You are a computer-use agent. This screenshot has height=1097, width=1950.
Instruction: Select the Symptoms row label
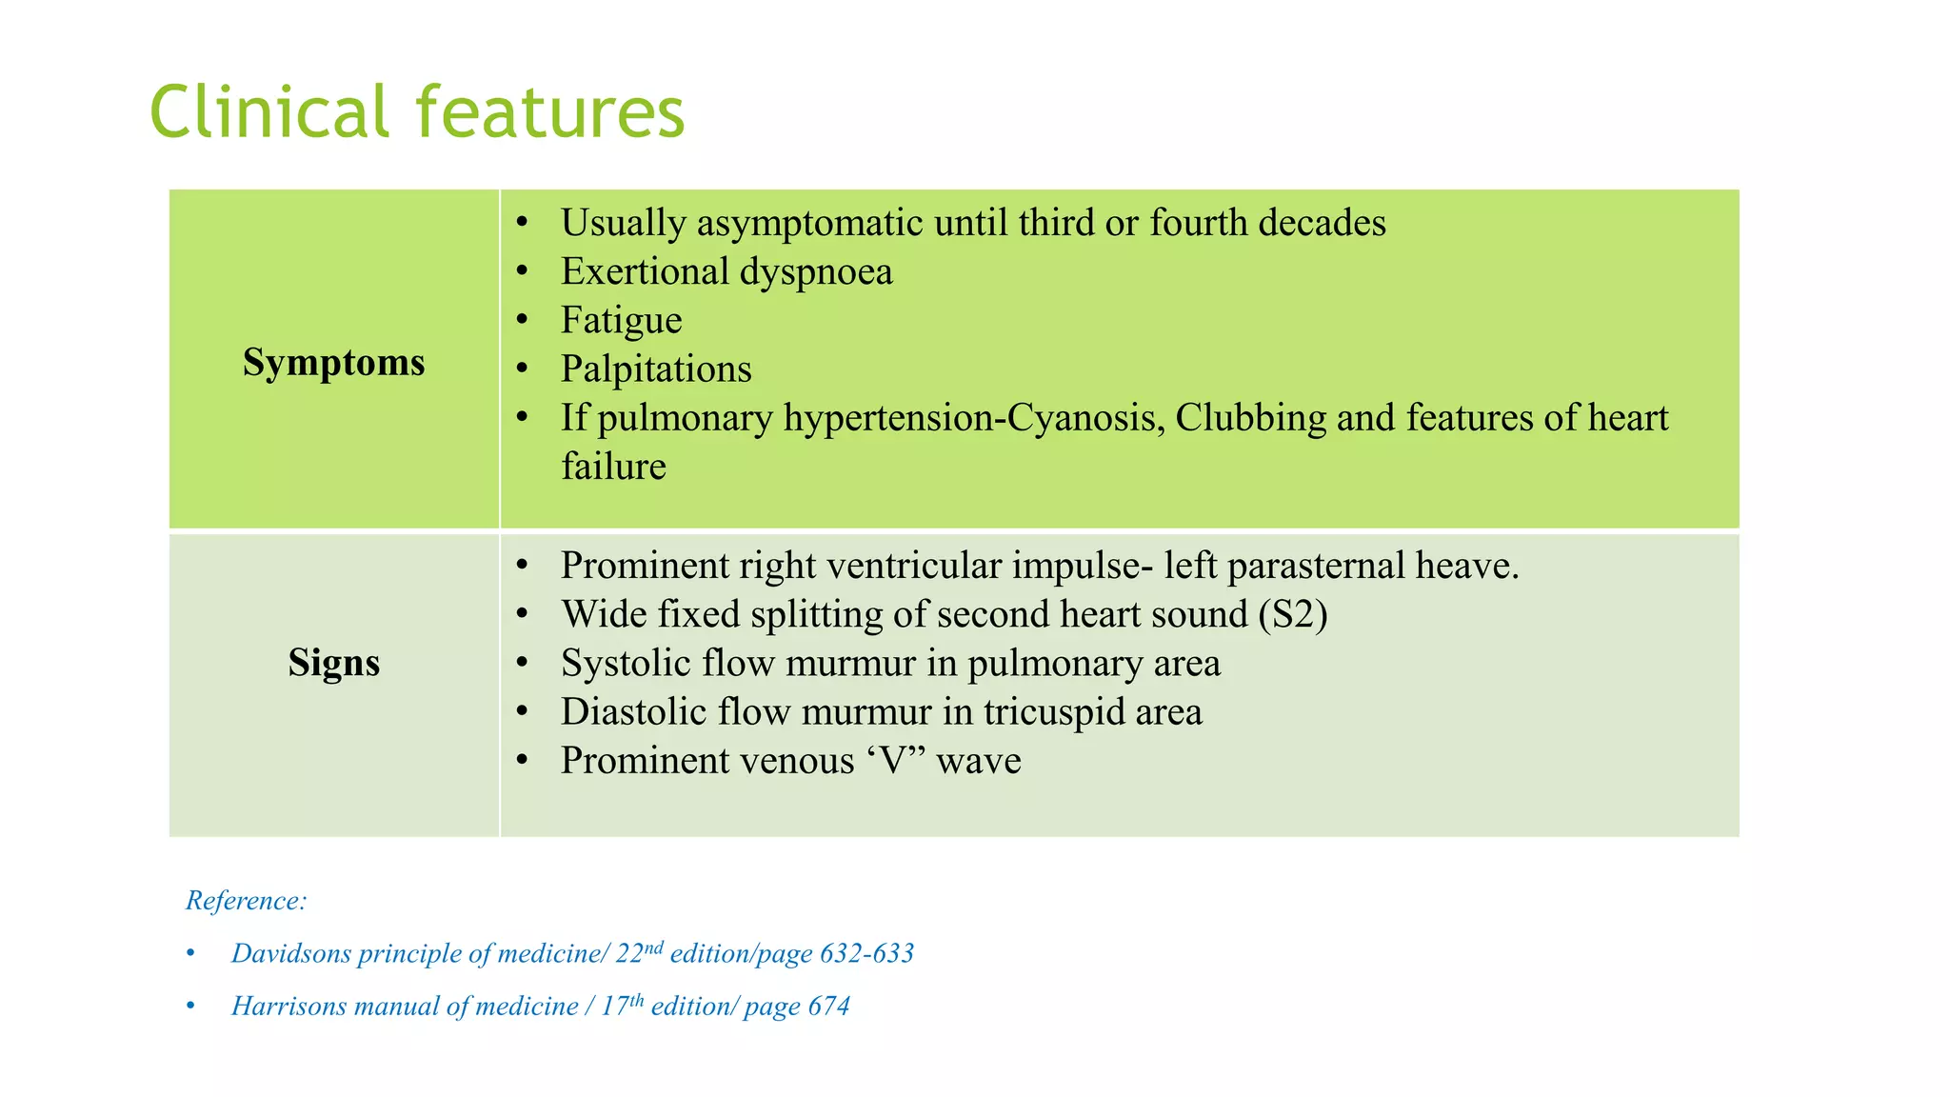pyautogui.click(x=333, y=363)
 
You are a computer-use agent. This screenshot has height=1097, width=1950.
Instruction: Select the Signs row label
pyautogui.click(x=333, y=663)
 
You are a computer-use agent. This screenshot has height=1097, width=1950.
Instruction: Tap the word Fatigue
pyautogui.click(x=621, y=320)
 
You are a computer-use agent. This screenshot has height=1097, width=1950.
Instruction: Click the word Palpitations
pyautogui.click(x=656, y=369)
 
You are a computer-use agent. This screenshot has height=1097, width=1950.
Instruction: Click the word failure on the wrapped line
pyautogui.click(x=613, y=467)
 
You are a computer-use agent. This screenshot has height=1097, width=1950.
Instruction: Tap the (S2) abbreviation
pyautogui.click(x=1292, y=614)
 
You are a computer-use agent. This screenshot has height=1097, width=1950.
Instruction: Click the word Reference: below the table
pyautogui.click(x=246, y=900)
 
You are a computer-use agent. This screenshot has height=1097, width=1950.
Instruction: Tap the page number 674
pyautogui.click(x=828, y=1007)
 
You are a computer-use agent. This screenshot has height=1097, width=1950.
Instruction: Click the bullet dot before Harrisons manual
pyautogui.click(x=191, y=1007)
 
